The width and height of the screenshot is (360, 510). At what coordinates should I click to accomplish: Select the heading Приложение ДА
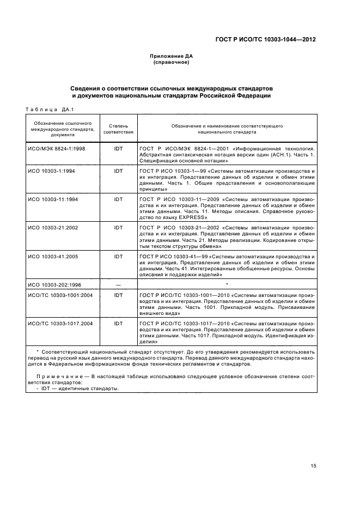171,56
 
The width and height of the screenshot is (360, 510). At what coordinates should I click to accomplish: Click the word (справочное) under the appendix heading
171,62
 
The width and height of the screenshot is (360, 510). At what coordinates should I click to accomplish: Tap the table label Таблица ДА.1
46,109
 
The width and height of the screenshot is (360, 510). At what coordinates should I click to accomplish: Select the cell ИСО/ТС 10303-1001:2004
61,295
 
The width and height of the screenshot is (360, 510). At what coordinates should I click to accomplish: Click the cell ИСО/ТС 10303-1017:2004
61,323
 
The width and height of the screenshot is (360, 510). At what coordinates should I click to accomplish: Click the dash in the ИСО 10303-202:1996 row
118,284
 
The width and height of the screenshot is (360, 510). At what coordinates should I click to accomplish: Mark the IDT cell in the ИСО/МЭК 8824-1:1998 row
118,148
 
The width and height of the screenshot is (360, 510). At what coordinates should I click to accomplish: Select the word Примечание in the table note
59,376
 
